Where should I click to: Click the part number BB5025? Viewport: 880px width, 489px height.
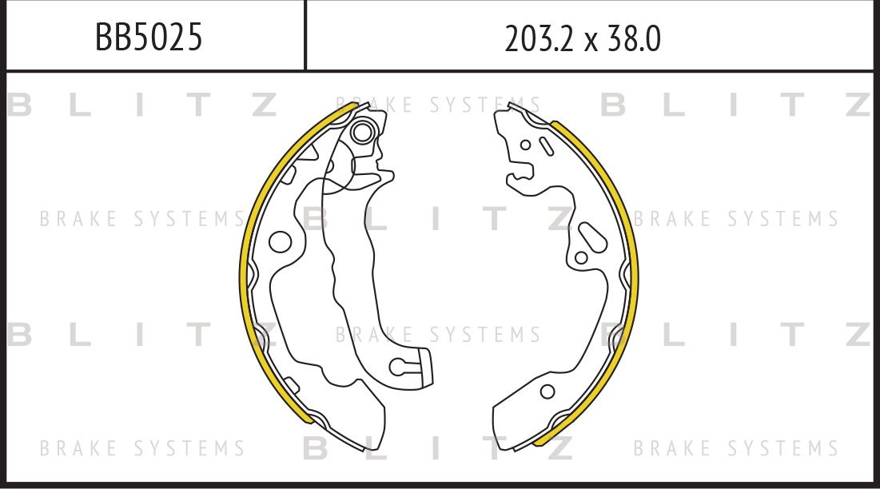pyautogui.click(x=149, y=37)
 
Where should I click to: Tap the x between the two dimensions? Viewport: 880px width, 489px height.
pyautogui.click(x=591, y=40)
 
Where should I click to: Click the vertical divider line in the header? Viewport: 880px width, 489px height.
pyautogui.click(x=305, y=35)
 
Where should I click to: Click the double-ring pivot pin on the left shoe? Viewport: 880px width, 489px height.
pyautogui.click(x=363, y=131)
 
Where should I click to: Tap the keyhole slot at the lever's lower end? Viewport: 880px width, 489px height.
pyautogui.click(x=400, y=366)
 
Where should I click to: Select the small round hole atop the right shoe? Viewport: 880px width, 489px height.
pyautogui.click(x=525, y=145)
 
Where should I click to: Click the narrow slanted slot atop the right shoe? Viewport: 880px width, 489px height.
pyautogui.click(x=547, y=146)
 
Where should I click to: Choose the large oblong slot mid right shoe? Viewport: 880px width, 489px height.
pyautogui.click(x=592, y=237)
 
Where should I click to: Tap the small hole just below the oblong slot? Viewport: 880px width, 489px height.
pyautogui.click(x=581, y=257)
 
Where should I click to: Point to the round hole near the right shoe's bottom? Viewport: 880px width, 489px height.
pyautogui.click(x=548, y=392)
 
